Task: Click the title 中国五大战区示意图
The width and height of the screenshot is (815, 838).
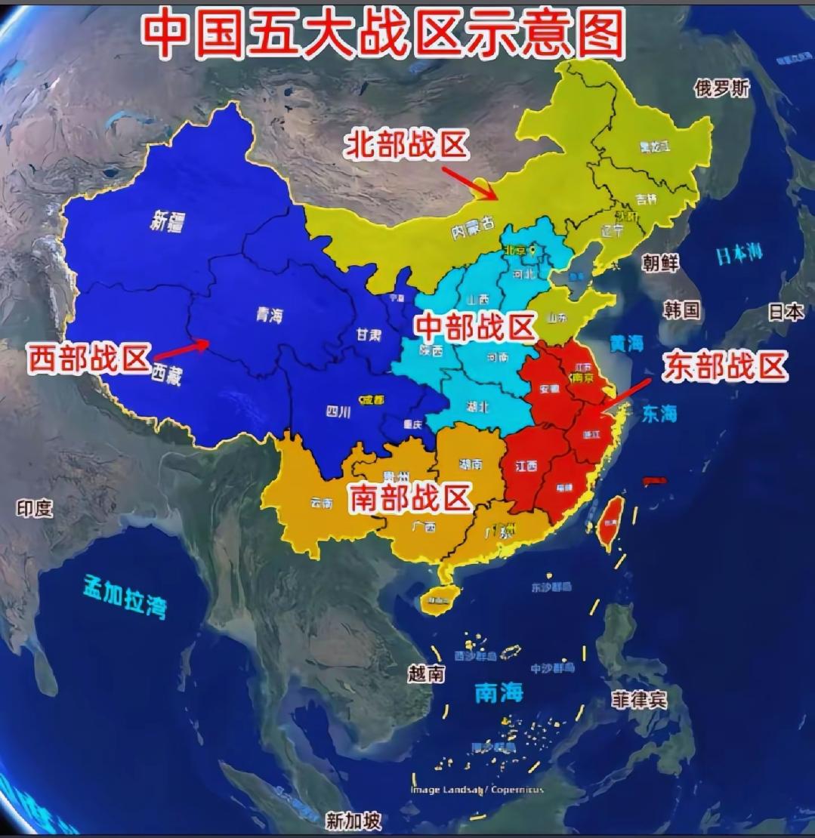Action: [x=384, y=34]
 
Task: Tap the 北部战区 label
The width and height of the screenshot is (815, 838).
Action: [x=407, y=145]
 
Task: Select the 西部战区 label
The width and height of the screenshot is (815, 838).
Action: [x=90, y=359]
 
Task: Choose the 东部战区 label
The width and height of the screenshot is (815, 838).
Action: [x=725, y=367]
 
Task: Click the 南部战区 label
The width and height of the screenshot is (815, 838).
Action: [x=409, y=498]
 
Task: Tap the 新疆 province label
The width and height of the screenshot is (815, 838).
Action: [x=168, y=221]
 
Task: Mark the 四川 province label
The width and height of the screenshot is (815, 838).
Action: [x=338, y=412]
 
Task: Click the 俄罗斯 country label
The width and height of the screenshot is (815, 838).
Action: [x=722, y=88]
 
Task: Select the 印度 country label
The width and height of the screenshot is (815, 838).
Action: [x=35, y=508]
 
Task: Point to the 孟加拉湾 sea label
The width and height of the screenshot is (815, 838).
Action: [x=125, y=596]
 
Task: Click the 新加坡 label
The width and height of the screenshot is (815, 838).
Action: [x=353, y=820]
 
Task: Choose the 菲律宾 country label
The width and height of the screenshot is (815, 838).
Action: [x=639, y=699]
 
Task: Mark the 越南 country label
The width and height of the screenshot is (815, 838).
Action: [x=426, y=673]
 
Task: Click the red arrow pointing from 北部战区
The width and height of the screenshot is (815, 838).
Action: [x=469, y=183]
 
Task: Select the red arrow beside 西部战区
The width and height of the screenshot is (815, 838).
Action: [x=182, y=349]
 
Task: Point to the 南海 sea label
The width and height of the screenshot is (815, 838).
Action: [x=499, y=692]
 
